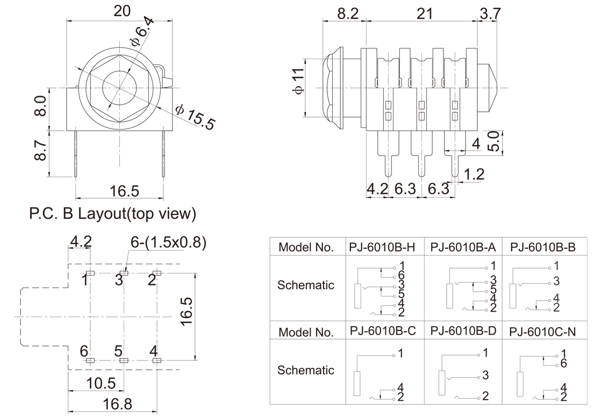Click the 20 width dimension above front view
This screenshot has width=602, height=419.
(121, 11)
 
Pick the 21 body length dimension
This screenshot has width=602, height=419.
(424, 14)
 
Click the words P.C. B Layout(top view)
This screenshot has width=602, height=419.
(112, 213)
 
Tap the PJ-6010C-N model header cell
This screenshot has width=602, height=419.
(542, 331)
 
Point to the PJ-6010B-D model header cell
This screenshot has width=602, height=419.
(463, 330)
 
